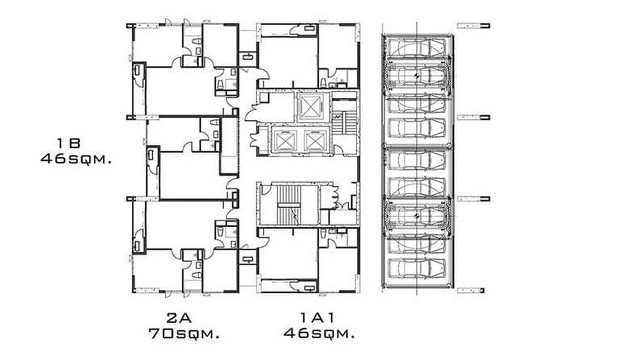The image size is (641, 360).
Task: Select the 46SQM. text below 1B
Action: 76,159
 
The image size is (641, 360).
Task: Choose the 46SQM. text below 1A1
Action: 319,333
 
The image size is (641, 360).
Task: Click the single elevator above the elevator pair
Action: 310,106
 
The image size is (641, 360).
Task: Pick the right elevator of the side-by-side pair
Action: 314,140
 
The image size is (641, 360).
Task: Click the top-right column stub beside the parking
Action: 473,26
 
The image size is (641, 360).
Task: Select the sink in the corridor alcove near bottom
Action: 247,259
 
